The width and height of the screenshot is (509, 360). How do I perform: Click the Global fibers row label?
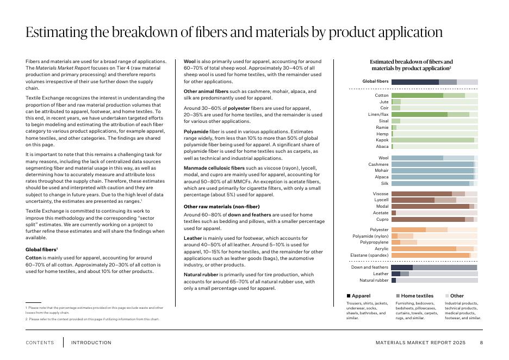[x=375, y=82]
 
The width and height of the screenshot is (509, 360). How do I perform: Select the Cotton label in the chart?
[x=382, y=95]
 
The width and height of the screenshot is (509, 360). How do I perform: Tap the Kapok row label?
[x=382, y=140]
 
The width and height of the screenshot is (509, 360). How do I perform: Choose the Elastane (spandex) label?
[x=369, y=255]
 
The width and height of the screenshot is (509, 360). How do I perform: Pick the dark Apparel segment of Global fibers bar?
[x=414, y=82]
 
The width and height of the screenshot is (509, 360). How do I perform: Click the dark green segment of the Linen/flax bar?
[x=419, y=114]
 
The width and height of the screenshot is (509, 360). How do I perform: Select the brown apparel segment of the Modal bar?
[x=430, y=207]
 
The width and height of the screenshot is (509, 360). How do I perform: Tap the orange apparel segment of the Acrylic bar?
[x=423, y=249]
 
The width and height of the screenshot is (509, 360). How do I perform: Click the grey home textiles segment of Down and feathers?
[x=444, y=268]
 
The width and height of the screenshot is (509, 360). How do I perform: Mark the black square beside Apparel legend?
[x=349, y=296]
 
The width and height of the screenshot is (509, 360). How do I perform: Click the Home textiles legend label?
[x=417, y=296]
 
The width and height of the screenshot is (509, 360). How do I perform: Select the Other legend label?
[x=457, y=296]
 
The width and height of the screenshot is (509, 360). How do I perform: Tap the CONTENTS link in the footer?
[x=40, y=343]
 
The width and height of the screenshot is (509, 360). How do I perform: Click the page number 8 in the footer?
[x=481, y=343]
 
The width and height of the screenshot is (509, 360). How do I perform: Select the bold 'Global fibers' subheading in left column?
[x=41, y=249]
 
